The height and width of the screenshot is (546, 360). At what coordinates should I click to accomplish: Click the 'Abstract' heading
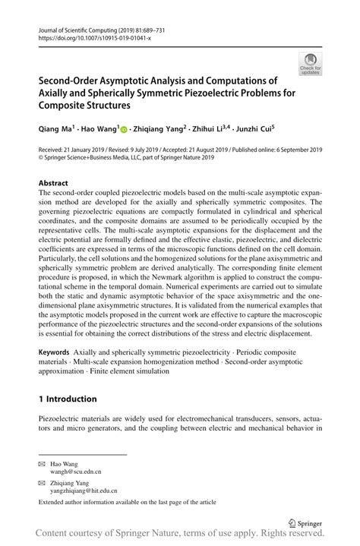(53, 184)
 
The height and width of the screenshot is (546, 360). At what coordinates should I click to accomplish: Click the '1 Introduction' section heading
(68, 399)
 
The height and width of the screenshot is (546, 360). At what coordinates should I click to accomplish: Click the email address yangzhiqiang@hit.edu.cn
(87, 491)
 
